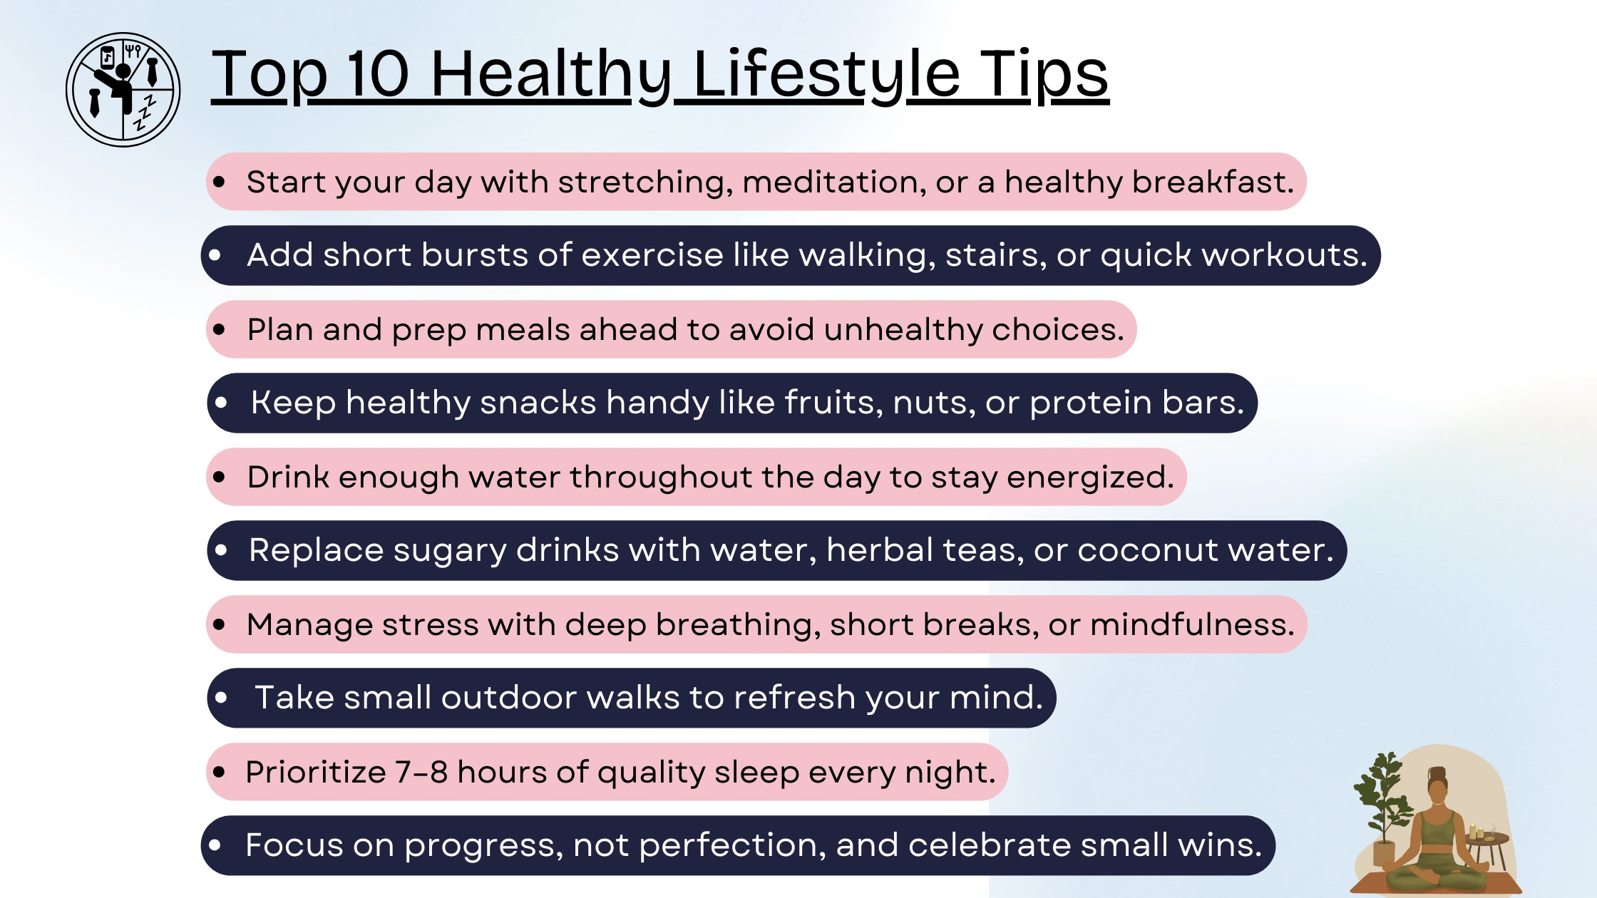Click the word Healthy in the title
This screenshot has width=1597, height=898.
(x=551, y=76)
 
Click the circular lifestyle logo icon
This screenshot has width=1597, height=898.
(x=123, y=90)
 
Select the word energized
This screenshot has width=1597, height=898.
(x=1090, y=478)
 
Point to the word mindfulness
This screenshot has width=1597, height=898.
(x=1192, y=624)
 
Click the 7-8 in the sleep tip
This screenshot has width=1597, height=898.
(x=421, y=772)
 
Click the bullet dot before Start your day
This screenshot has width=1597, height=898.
(x=220, y=182)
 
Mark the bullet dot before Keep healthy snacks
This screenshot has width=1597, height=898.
(x=221, y=403)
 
